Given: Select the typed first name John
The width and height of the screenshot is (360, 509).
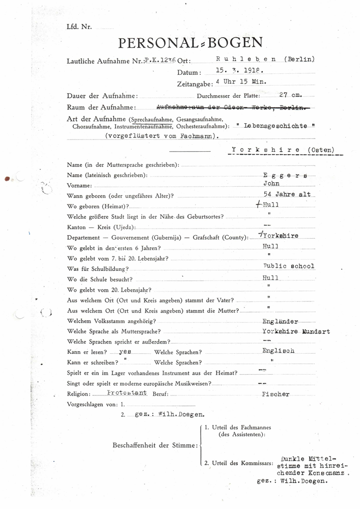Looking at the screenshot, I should coord(271,184).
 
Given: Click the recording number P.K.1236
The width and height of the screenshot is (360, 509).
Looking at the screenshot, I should coord(160,60).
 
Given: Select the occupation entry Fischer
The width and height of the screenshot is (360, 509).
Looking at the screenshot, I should coord(276,394).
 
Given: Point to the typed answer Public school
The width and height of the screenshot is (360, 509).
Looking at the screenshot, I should coord(288,266).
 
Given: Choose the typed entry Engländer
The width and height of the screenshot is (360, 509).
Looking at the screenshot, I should coord(280,322).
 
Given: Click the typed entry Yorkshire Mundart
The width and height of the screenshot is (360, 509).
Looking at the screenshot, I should coord(296,331).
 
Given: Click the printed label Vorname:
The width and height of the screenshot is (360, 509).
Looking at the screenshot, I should coord(79,185).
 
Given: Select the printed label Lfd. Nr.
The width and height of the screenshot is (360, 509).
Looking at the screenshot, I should coord(78,26).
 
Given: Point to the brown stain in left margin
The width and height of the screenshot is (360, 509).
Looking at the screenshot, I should coord(7,179).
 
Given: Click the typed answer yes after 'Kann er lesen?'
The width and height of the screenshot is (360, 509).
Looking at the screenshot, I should coord(125,351).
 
